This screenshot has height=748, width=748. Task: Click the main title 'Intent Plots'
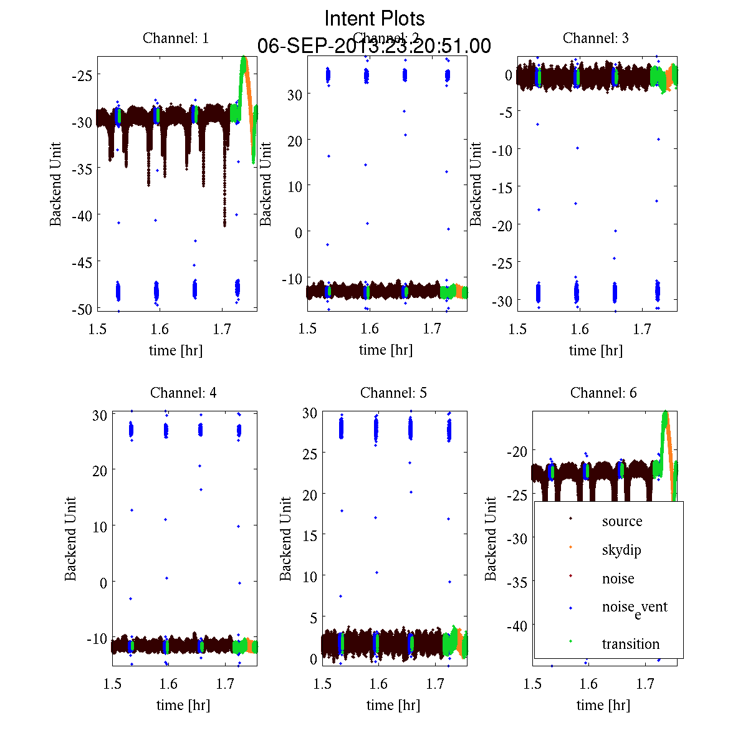(x=374, y=18)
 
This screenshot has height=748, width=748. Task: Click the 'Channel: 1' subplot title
(x=176, y=38)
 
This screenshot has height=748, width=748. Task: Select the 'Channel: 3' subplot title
(x=595, y=38)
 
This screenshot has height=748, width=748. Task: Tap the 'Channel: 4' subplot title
(x=183, y=393)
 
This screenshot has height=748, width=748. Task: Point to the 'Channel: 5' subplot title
(x=393, y=393)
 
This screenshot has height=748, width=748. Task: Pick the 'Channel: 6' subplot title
(x=603, y=393)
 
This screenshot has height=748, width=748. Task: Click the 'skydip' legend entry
(x=621, y=550)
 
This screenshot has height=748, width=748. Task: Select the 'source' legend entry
(x=621, y=521)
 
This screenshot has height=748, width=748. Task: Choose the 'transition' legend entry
(x=630, y=644)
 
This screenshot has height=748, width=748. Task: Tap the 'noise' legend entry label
(x=618, y=578)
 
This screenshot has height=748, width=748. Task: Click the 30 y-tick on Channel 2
(x=294, y=94)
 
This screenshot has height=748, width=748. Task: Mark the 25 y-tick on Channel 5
(x=310, y=453)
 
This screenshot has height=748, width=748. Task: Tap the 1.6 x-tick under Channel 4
(x=168, y=684)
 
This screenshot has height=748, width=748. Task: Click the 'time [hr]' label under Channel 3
(x=595, y=350)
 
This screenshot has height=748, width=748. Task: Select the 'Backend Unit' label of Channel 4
(x=70, y=539)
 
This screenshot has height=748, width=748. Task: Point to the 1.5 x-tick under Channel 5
(x=322, y=684)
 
